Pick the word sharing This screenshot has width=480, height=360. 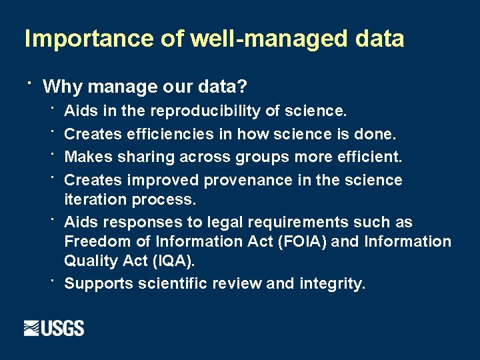click(x=153, y=157)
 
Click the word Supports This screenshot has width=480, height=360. click(x=99, y=284)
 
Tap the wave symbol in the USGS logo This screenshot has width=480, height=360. click(x=32, y=329)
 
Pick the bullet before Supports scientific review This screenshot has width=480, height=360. click(x=51, y=280)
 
